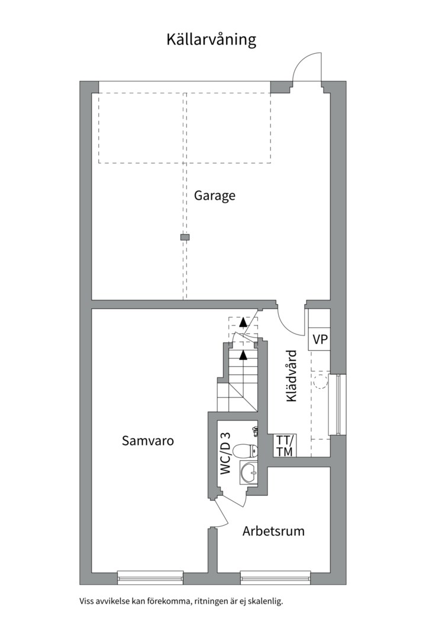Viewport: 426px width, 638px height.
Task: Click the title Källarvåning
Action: [211, 40]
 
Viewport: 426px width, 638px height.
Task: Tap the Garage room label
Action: [214, 196]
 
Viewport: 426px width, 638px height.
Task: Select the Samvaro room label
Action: [148, 441]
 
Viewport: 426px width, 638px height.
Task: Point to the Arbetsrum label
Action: [273, 531]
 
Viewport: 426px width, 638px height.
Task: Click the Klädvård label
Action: [292, 376]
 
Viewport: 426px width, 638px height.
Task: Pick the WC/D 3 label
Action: [225, 453]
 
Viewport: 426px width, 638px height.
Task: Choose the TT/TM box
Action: [285, 445]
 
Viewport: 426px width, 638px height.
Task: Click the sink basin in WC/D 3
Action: [248, 473]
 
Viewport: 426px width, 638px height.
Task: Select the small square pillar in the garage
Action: [185, 237]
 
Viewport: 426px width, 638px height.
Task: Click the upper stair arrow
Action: [243, 322]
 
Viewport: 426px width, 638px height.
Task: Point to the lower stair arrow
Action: [243, 355]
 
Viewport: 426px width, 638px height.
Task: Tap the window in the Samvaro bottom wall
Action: [150, 577]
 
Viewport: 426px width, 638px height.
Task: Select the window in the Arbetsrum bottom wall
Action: [275, 577]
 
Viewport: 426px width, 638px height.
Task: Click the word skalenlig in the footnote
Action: [267, 601]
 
